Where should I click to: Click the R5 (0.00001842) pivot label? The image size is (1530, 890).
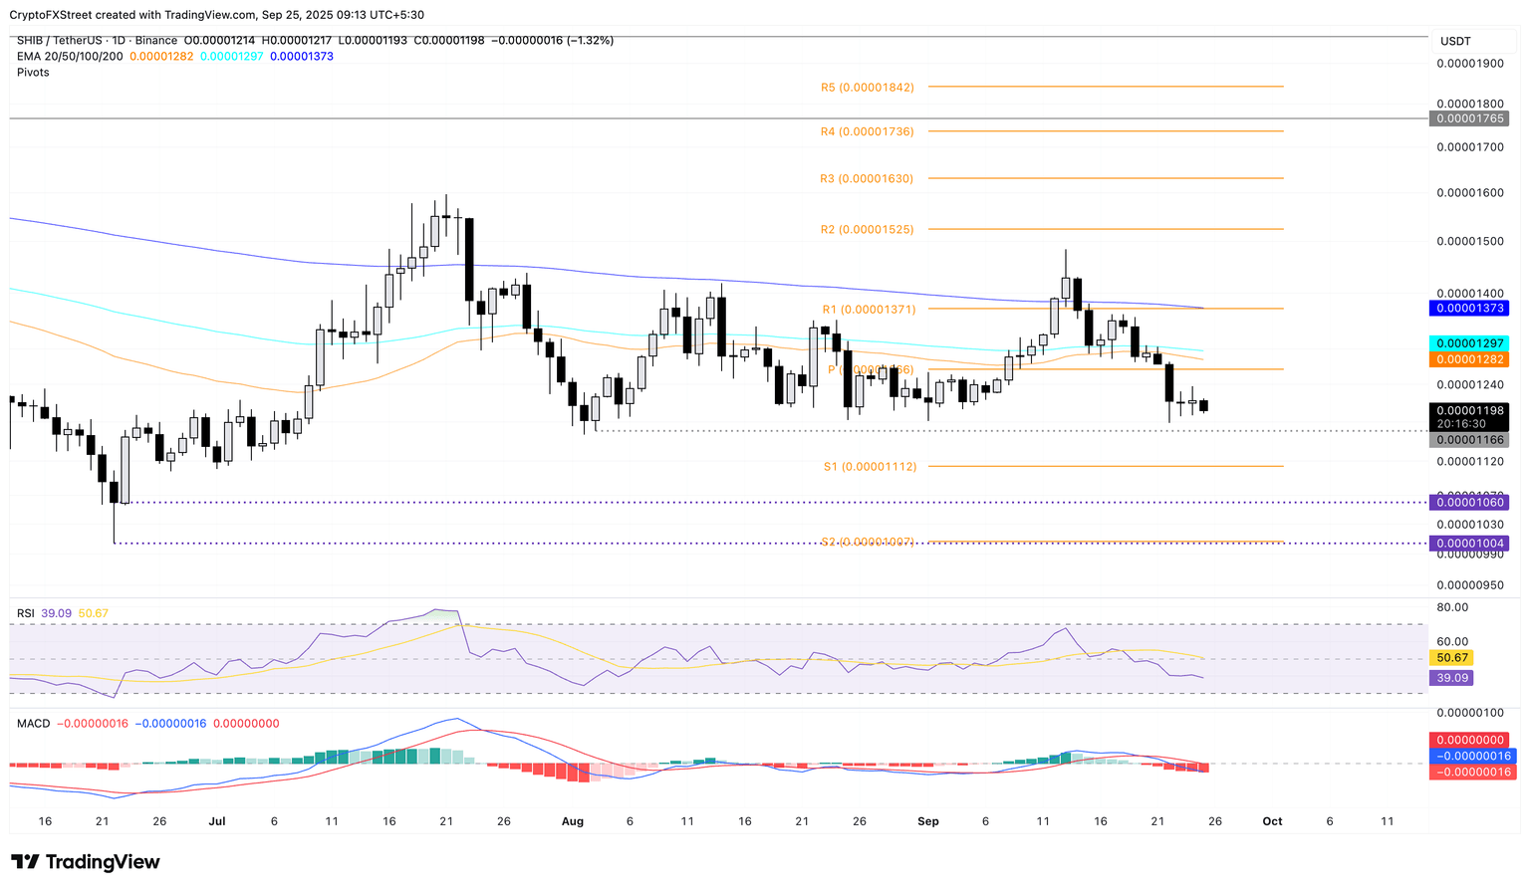click(x=867, y=88)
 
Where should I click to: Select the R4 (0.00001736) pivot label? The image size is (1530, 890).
click(x=867, y=131)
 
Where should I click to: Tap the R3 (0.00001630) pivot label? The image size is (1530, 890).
click(x=867, y=179)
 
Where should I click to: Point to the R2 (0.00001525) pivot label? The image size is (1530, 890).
click(x=867, y=230)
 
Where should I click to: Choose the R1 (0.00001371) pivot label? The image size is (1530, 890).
click(x=869, y=310)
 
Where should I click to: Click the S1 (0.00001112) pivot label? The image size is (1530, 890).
click(x=870, y=466)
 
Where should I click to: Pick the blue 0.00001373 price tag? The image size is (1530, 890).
click(x=1468, y=309)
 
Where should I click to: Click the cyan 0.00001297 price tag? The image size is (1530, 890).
click(x=1468, y=343)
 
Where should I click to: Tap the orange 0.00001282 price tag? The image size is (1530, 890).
click(x=1468, y=359)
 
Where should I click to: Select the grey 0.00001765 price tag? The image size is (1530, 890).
click(x=1468, y=118)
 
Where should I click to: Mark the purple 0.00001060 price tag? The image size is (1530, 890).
click(x=1468, y=503)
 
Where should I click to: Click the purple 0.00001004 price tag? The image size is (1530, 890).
click(x=1468, y=544)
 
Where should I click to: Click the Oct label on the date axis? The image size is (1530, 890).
click(x=1272, y=821)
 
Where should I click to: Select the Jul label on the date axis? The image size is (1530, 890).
click(x=217, y=821)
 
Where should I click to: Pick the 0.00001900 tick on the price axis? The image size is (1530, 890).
click(x=1469, y=64)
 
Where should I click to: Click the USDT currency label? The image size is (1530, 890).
click(x=1455, y=42)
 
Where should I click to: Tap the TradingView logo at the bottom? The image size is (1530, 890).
click(x=86, y=862)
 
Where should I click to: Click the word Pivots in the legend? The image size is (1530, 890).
click(x=33, y=73)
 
